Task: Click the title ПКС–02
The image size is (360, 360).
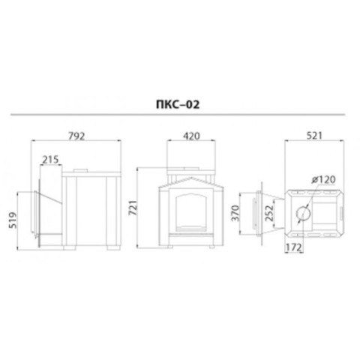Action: tap(178, 104)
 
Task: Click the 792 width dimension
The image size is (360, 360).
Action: tap(76, 136)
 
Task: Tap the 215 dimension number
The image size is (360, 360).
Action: tap(50, 159)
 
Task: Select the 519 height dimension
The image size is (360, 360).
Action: tap(13, 220)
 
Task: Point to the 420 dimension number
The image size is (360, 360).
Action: tap(191, 136)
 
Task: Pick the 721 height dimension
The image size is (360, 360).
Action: tap(133, 208)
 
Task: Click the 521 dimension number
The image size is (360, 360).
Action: tap(314, 136)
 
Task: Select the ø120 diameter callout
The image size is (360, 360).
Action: tap(323, 179)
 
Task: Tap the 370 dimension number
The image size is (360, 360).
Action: tap(235, 213)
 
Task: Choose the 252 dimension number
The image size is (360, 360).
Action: tap(269, 213)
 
